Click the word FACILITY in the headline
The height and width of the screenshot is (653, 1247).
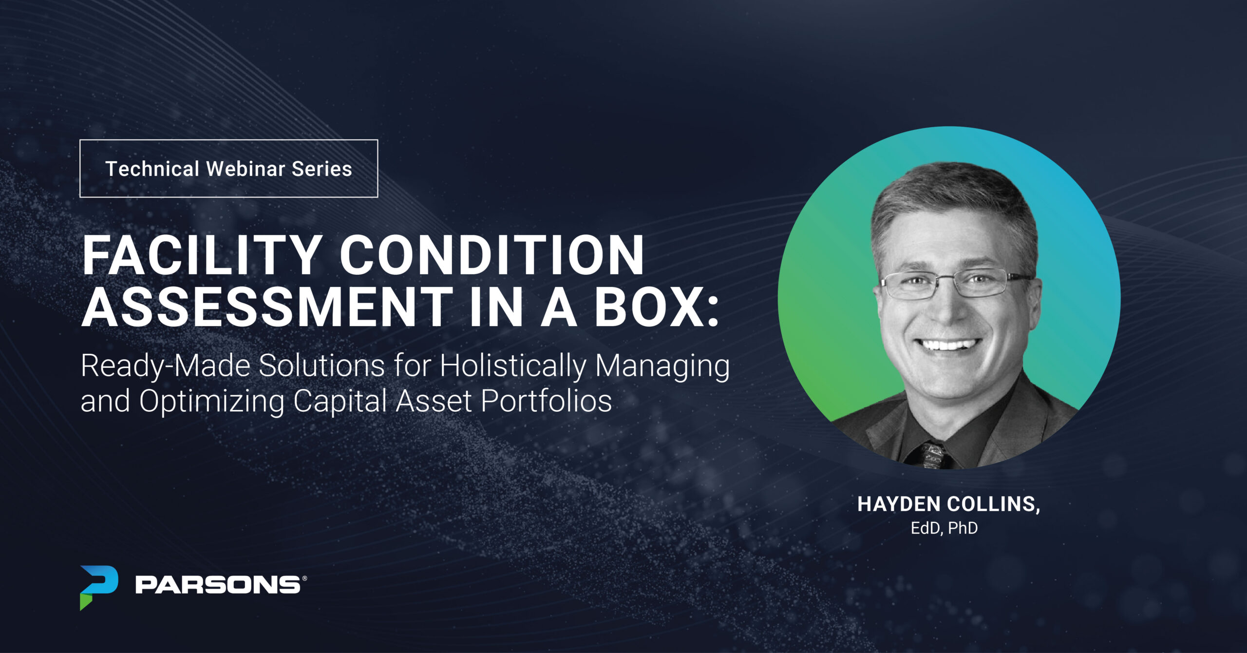coord(200,255)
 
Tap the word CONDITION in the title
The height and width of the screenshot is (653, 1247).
coord(492,255)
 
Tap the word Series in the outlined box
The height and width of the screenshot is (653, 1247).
coord(321,169)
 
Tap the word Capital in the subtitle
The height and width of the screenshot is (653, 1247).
coord(340,402)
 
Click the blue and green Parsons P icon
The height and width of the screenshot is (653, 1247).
coord(99,587)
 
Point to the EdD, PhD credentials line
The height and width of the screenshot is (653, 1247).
coord(945,528)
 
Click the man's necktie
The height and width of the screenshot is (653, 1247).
coord(933,456)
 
